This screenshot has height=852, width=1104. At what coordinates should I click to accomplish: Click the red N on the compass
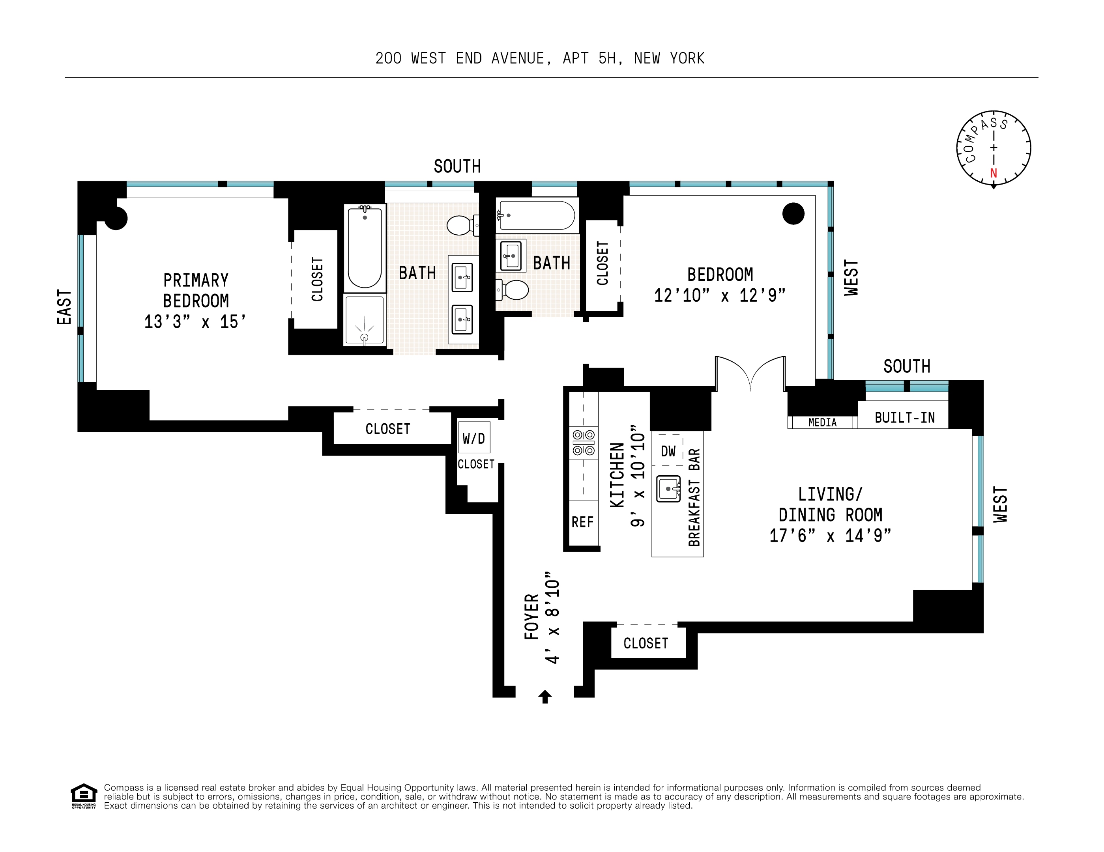click(993, 173)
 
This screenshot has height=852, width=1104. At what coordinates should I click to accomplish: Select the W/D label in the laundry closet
click(473, 438)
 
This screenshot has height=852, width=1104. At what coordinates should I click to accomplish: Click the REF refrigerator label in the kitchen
click(582, 522)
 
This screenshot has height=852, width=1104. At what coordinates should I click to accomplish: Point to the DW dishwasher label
click(668, 451)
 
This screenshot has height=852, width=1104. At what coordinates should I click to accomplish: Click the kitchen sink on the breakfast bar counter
click(668, 489)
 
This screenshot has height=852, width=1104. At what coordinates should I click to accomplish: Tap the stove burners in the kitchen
click(583, 443)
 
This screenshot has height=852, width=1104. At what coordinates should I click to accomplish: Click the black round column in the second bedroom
click(793, 213)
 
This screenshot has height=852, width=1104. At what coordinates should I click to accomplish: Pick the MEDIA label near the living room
click(822, 422)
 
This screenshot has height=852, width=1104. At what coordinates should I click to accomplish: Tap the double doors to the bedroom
click(750, 374)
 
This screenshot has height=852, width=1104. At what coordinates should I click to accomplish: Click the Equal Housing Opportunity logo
click(83, 796)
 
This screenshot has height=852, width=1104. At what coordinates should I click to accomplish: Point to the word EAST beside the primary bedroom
click(64, 307)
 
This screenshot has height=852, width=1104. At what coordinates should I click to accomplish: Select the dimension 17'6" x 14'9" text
click(830, 536)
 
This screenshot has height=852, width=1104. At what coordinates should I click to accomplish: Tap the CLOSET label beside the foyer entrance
click(646, 643)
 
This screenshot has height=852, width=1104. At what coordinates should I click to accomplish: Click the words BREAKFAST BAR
click(694, 497)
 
